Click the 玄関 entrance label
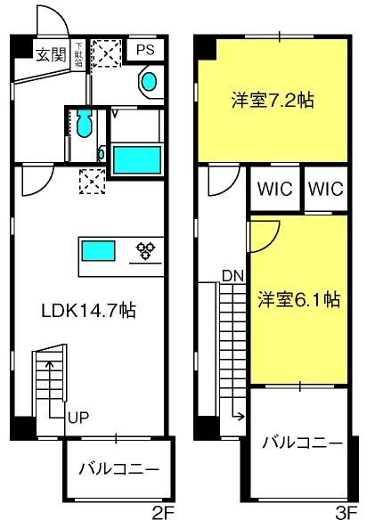[51, 54]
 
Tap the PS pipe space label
[145, 50]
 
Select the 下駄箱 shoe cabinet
[78, 54]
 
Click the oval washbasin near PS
[149, 82]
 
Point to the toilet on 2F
[84, 123]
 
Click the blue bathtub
[136, 159]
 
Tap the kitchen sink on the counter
[98, 251]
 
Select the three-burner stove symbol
[145, 251]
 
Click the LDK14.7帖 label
[88, 311]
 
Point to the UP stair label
[78, 418]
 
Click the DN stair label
[232, 276]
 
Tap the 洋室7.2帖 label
[273, 100]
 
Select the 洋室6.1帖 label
[299, 299]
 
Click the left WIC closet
[275, 188]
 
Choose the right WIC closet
[326, 188]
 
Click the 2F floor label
[163, 514]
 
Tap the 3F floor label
[346, 514]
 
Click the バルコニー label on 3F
[302, 443]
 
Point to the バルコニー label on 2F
[118, 468]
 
